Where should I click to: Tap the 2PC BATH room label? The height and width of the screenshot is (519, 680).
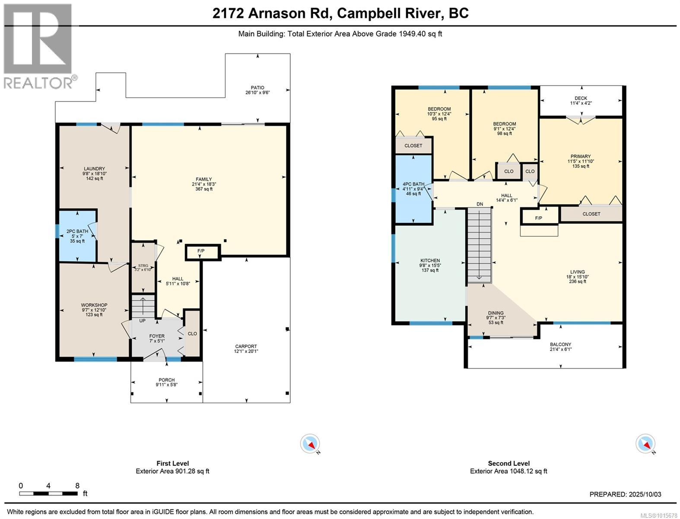(x=77, y=231)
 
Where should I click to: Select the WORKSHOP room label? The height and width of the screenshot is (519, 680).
(x=94, y=305)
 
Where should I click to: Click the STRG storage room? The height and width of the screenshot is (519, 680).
(x=143, y=268)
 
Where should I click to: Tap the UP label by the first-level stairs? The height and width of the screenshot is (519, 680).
(x=142, y=321)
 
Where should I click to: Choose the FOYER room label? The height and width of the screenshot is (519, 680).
(x=157, y=336)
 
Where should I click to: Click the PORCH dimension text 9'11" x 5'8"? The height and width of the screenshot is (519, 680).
(x=167, y=385)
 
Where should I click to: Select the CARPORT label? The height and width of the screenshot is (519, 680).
(x=246, y=346)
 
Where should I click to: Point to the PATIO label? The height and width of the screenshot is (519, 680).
(x=257, y=88)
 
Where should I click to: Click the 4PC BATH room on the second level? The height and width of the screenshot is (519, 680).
(x=413, y=189)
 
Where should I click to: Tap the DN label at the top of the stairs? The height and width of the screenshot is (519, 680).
(x=480, y=204)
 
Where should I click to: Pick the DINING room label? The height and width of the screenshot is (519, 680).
(x=496, y=313)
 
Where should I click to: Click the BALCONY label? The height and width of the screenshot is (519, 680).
(x=560, y=344)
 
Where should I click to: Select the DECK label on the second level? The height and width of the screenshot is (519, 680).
(x=581, y=98)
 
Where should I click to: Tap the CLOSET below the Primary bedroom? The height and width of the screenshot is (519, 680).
(x=591, y=214)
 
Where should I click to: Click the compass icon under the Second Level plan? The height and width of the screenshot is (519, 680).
(x=645, y=444)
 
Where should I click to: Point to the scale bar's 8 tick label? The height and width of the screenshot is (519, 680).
(x=77, y=486)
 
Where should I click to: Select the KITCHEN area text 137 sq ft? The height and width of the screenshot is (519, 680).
(x=430, y=270)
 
